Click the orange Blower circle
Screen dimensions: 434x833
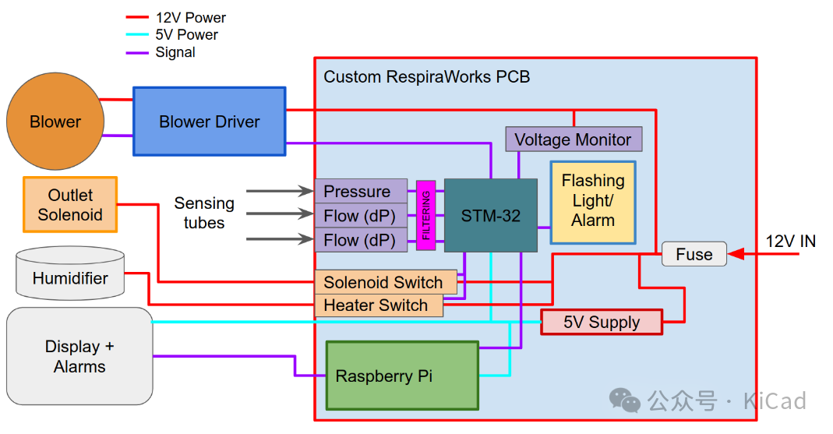[55, 122]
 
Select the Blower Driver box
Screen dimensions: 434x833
[209, 122]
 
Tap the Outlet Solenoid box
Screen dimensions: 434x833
[70, 205]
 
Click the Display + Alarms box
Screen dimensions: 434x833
[79, 356]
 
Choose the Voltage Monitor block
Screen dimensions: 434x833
[573, 139]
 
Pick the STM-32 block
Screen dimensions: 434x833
[490, 216]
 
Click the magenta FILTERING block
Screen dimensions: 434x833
[425, 216]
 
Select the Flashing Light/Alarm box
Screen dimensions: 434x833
[593, 201]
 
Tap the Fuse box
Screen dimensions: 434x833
[694, 254]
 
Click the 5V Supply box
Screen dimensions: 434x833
[602, 322]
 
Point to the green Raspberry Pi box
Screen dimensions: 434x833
[401, 376]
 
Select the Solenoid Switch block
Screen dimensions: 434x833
[383, 282]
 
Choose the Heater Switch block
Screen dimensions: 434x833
[377, 305]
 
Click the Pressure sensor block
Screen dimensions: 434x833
[360, 192]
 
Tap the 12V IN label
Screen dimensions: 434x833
[790, 242]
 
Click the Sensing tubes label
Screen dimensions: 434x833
[203, 213]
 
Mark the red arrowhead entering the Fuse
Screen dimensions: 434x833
[736, 254]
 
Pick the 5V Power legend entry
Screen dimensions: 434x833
[186, 35]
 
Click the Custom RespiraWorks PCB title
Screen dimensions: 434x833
[426, 77]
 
